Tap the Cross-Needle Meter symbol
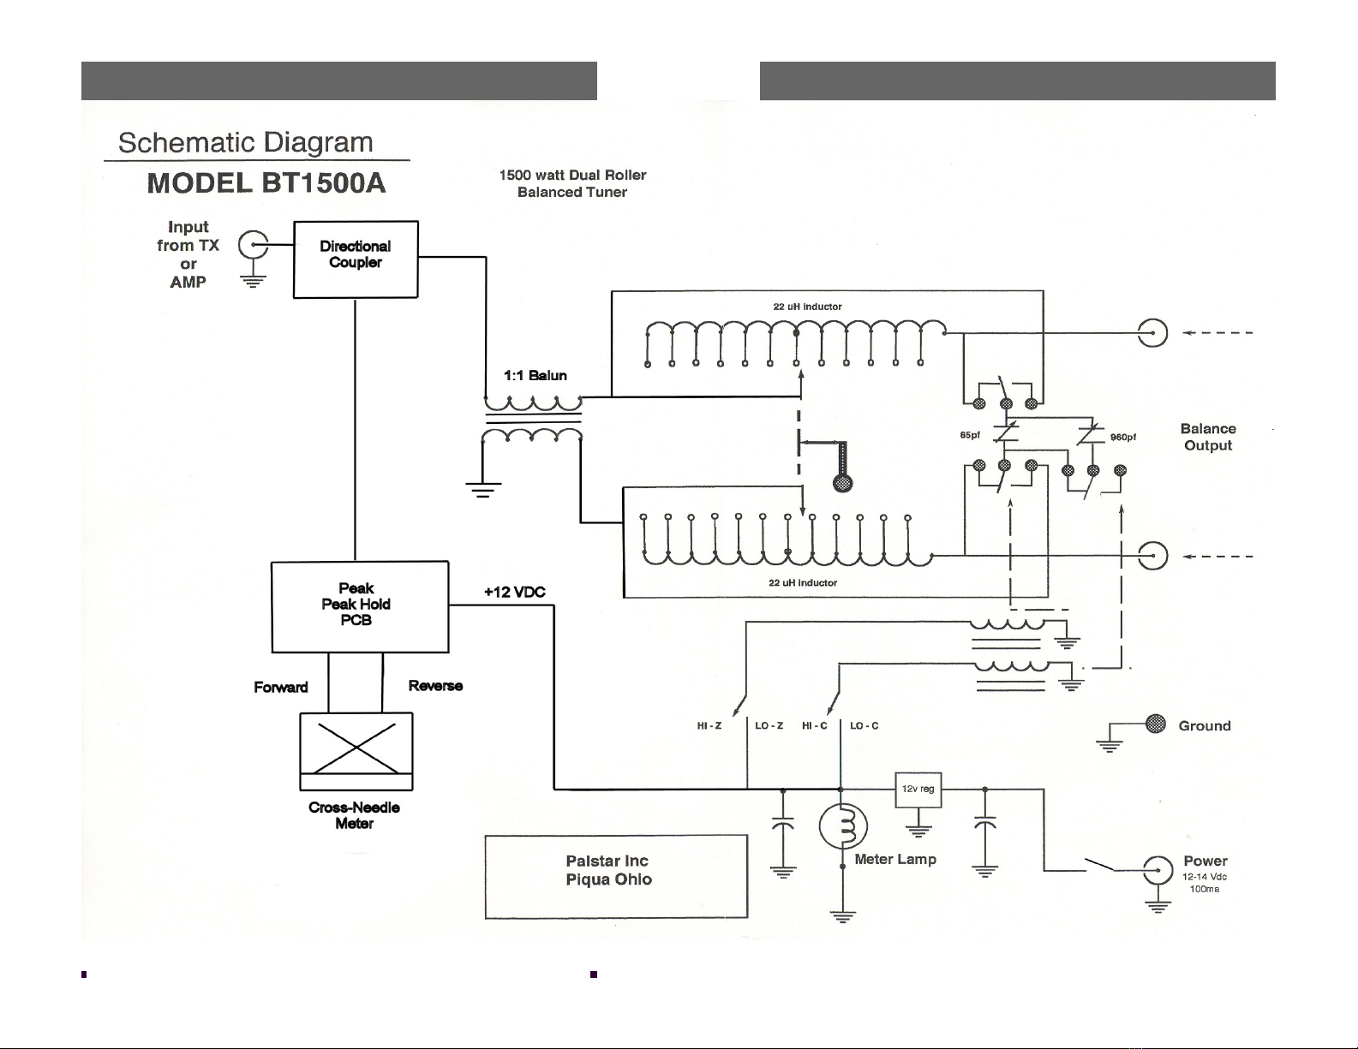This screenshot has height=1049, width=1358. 356,751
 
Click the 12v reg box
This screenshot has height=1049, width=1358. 918,790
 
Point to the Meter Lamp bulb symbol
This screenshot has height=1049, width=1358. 843,825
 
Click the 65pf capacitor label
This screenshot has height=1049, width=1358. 970,435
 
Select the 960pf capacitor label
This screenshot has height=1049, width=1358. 1123,437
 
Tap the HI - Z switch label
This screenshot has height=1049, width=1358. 709,725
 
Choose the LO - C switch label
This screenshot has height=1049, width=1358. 864,725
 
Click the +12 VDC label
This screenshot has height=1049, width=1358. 514,592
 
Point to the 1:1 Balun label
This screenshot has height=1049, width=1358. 535,375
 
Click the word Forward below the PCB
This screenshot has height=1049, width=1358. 281,687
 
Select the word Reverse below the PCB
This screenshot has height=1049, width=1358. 435,686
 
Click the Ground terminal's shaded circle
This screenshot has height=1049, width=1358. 1156,724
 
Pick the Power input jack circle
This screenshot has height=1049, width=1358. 1158,870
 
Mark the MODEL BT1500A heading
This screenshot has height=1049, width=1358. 266,183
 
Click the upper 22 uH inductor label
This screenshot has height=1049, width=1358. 807,307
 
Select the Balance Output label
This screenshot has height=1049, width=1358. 1208,437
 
